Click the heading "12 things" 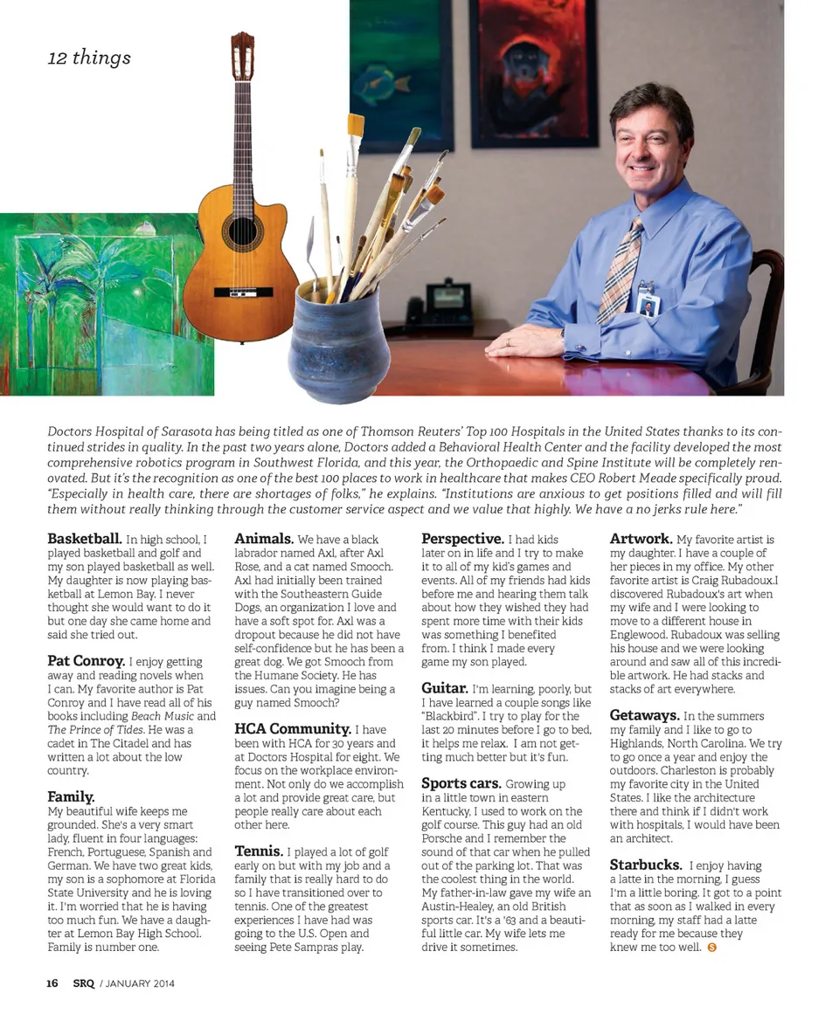89,59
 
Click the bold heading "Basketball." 84,539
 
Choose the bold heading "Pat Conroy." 87,661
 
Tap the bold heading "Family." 71,796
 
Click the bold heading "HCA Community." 292,728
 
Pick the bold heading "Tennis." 258,851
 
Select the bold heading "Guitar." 445,688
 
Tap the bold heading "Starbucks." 646,865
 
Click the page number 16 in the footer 52,983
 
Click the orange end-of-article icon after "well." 711,948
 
